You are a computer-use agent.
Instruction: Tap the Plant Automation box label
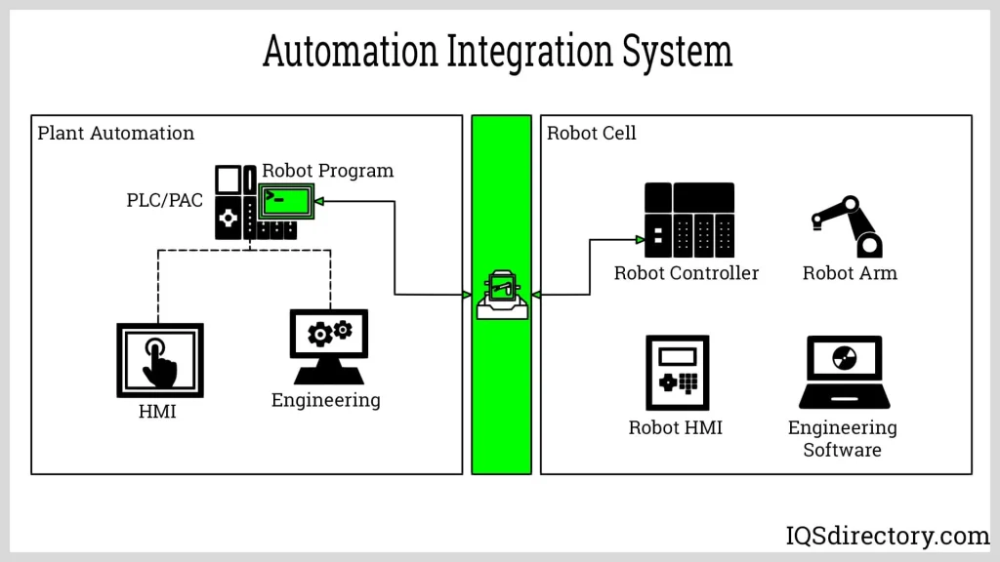click(x=116, y=134)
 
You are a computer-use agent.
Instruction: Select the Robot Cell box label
click(x=591, y=134)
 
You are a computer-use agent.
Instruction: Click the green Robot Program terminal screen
click(x=286, y=202)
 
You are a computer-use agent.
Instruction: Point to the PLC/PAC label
click(x=164, y=200)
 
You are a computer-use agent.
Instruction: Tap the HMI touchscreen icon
click(x=159, y=360)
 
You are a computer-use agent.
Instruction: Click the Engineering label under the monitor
click(x=325, y=400)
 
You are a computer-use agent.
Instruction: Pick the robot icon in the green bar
click(x=502, y=294)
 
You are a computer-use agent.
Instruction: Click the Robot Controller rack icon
click(x=688, y=221)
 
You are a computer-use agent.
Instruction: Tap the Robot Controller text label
click(x=686, y=273)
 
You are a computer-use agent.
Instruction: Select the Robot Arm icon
click(x=847, y=226)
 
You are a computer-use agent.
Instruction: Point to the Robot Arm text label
click(x=849, y=273)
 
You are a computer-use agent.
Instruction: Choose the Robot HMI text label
click(x=675, y=427)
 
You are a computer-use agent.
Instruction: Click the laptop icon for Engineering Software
click(x=844, y=372)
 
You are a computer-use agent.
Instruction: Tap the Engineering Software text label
click(x=842, y=439)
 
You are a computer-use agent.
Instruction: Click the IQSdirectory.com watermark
click(x=887, y=536)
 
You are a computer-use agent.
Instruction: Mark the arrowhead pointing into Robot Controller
click(x=640, y=240)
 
